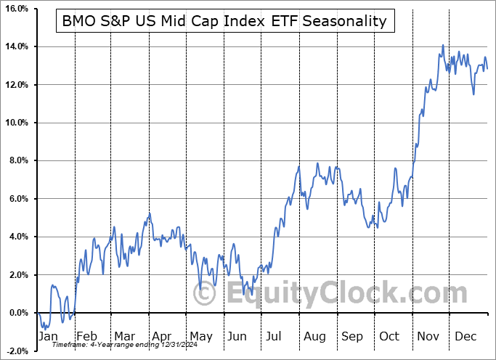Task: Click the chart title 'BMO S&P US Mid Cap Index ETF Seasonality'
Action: pyautogui.click(x=225, y=21)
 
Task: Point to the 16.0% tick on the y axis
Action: pyautogui.click(x=16, y=9)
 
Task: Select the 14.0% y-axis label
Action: pyautogui.click(x=16, y=46)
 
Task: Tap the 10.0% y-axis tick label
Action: pyautogui.click(x=16, y=123)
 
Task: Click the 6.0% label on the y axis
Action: pyautogui.click(x=17, y=199)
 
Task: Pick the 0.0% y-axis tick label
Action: pyautogui.click(x=17, y=313)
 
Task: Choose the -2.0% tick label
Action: pyautogui.click(x=16, y=351)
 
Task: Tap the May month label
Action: pyautogui.click(x=200, y=337)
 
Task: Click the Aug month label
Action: pyautogui.click(x=314, y=337)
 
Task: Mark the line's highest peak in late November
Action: pyautogui.click(x=443, y=46)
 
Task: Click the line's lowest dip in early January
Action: pyautogui.click(x=43, y=329)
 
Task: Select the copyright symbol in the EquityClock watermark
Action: pyautogui.click(x=206, y=295)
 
